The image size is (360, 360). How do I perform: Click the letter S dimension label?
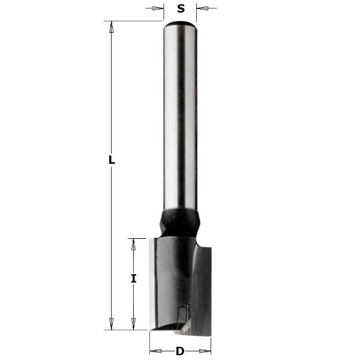point(181,8)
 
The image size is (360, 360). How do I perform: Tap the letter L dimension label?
point(112,160)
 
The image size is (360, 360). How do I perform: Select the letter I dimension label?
point(134,278)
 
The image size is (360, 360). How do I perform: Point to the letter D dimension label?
point(180,351)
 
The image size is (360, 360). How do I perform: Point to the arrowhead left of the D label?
point(154,351)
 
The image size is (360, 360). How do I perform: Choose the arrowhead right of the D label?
point(206,351)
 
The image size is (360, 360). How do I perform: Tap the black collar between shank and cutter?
point(179,222)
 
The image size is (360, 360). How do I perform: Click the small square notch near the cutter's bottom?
point(182,312)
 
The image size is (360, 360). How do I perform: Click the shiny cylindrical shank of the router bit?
point(180,120)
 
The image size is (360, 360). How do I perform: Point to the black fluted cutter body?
point(171,276)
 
